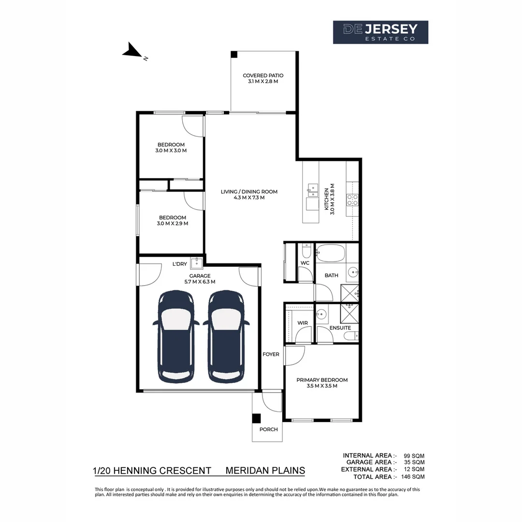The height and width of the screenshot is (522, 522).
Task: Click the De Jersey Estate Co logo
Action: coord(380,32)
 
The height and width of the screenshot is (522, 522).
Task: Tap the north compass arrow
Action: coord(131,50)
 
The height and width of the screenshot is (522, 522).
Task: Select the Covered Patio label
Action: coord(263,78)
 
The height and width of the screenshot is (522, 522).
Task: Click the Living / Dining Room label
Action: coord(249,194)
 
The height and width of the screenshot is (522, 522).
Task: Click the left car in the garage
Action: coord(176,335)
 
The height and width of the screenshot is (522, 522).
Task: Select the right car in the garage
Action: coord(226,335)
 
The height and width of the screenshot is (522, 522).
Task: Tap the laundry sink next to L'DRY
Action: coord(196,263)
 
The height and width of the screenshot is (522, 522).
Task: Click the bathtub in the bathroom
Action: coord(330,252)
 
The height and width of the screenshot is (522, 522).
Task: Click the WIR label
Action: coord(303,323)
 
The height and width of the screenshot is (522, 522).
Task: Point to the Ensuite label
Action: coord(340,328)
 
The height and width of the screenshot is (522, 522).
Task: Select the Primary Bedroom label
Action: coord(321,383)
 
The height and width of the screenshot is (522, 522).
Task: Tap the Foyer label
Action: coord(271,354)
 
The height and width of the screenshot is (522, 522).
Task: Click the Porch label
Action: coord(268,429)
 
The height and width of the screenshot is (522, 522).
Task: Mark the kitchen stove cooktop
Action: coord(352,200)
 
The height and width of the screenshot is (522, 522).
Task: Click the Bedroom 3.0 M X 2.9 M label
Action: coord(173,220)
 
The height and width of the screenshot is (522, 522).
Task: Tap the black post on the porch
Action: coord(257,419)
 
